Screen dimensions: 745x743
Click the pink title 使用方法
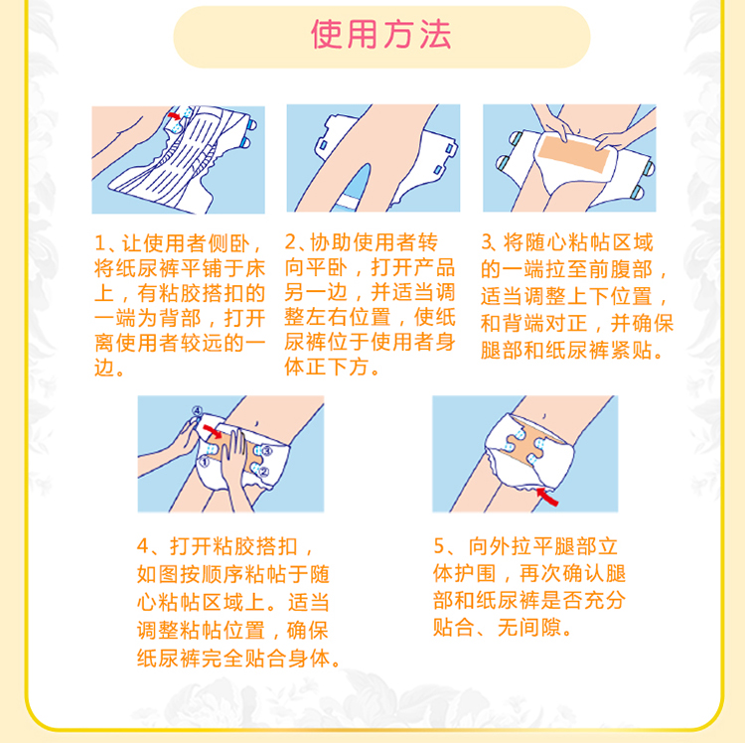coord(381,34)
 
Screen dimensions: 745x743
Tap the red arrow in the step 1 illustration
coord(175,116)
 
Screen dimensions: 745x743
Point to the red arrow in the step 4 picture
coord(213,431)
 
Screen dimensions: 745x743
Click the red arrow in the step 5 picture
coord(547,497)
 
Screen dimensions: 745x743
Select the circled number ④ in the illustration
coord(197,411)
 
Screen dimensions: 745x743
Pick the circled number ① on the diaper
coord(204,461)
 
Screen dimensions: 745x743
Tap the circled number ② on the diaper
coord(263,471)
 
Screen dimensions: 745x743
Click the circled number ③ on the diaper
coord(266,450)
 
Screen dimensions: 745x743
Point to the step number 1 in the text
coord(99,243)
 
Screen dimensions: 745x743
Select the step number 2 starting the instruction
coord(290,242)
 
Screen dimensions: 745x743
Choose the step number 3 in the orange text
coord(487,242)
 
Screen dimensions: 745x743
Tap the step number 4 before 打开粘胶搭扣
coord(143,546)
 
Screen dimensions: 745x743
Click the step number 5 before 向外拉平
coord(439,546)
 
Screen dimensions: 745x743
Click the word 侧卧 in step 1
coord(229,243)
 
